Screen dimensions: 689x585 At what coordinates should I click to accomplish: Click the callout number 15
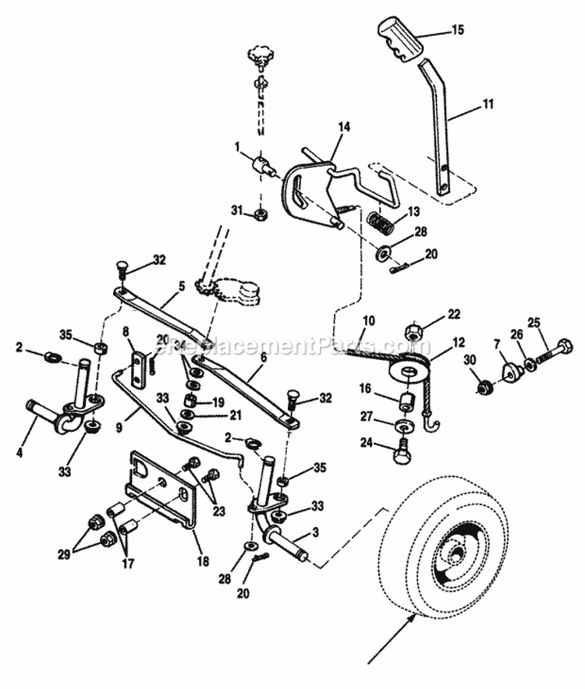(x=457, y=30)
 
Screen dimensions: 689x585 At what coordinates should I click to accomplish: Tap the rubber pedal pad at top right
(x=401, y=39)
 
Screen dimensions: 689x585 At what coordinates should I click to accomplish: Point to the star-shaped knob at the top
(x=259, y=56)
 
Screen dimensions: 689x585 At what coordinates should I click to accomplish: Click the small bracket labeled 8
(x=138, y=366)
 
